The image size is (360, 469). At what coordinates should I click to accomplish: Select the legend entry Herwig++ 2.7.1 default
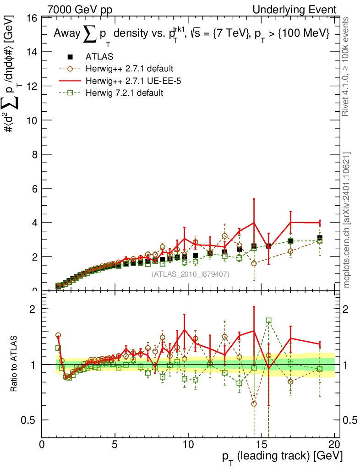pyautogui.click(x=129, y=69)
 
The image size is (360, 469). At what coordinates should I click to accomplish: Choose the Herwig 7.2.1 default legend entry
pyautogui.click(x=124, y=93)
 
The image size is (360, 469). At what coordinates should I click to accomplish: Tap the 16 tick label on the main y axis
pyautogui.click(x=32, y=18)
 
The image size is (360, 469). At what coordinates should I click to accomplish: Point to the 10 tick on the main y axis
pyautogui.click(x=32, y=120)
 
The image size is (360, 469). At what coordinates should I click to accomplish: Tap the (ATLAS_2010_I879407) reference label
pyautogui.click(x=191, y=274)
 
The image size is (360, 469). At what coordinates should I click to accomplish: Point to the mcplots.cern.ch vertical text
pyautogui.click(x=346, y=220)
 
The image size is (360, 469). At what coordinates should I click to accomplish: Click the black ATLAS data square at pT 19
pyautogui.click(x=320, y=238)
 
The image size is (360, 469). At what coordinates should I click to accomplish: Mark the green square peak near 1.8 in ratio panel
pyautogui.click(x=268, y=321)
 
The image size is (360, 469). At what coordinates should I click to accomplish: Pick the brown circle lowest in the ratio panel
pyautogui.click(x=254, y=404)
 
